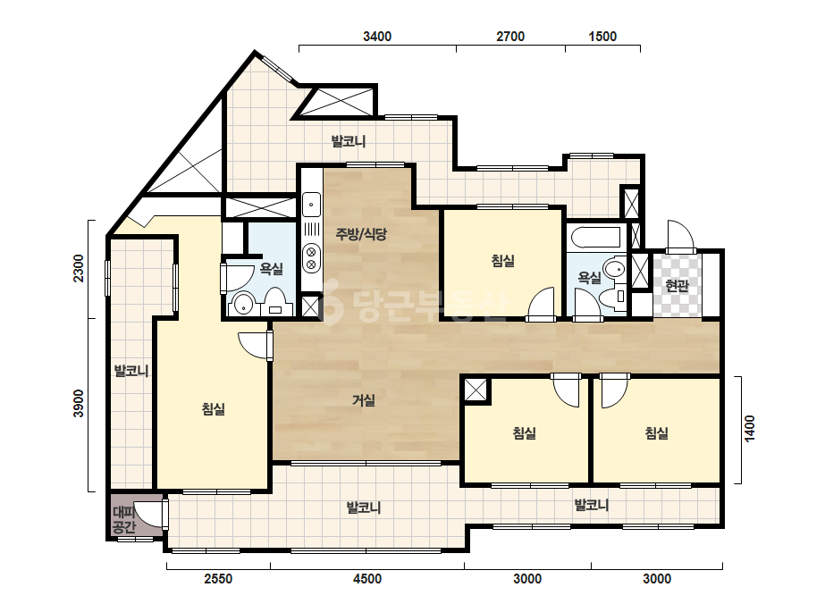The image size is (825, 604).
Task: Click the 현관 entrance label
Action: pos(677,286)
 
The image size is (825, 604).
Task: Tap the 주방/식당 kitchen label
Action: pos(361,233)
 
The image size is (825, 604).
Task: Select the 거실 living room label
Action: pos(364,400)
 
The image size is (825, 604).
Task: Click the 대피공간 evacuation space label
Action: pos(124,519)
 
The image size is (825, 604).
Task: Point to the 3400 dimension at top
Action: pos(377,37)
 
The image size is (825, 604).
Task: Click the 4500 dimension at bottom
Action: pos(367,579)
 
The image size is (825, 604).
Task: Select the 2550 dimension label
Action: pos(218,579)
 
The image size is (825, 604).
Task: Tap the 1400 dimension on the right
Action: pos(750,429)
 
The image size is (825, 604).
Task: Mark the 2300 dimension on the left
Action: pos(79,268)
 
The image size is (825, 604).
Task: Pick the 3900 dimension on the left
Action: pos(79,404)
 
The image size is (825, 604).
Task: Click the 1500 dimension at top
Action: pos(602,37)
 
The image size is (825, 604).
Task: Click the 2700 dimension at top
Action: pos(510,37)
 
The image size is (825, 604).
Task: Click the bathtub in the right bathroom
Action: pos(595,237)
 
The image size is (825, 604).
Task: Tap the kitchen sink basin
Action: pos(311,205)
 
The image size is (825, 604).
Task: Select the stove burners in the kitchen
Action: pos(311,258)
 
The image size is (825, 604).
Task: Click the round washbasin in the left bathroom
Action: pos(244,304)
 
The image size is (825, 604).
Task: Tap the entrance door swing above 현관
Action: pos(681,236)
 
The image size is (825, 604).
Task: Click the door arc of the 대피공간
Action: pos(152,514)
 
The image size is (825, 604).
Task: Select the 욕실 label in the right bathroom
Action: pos(589,277)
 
